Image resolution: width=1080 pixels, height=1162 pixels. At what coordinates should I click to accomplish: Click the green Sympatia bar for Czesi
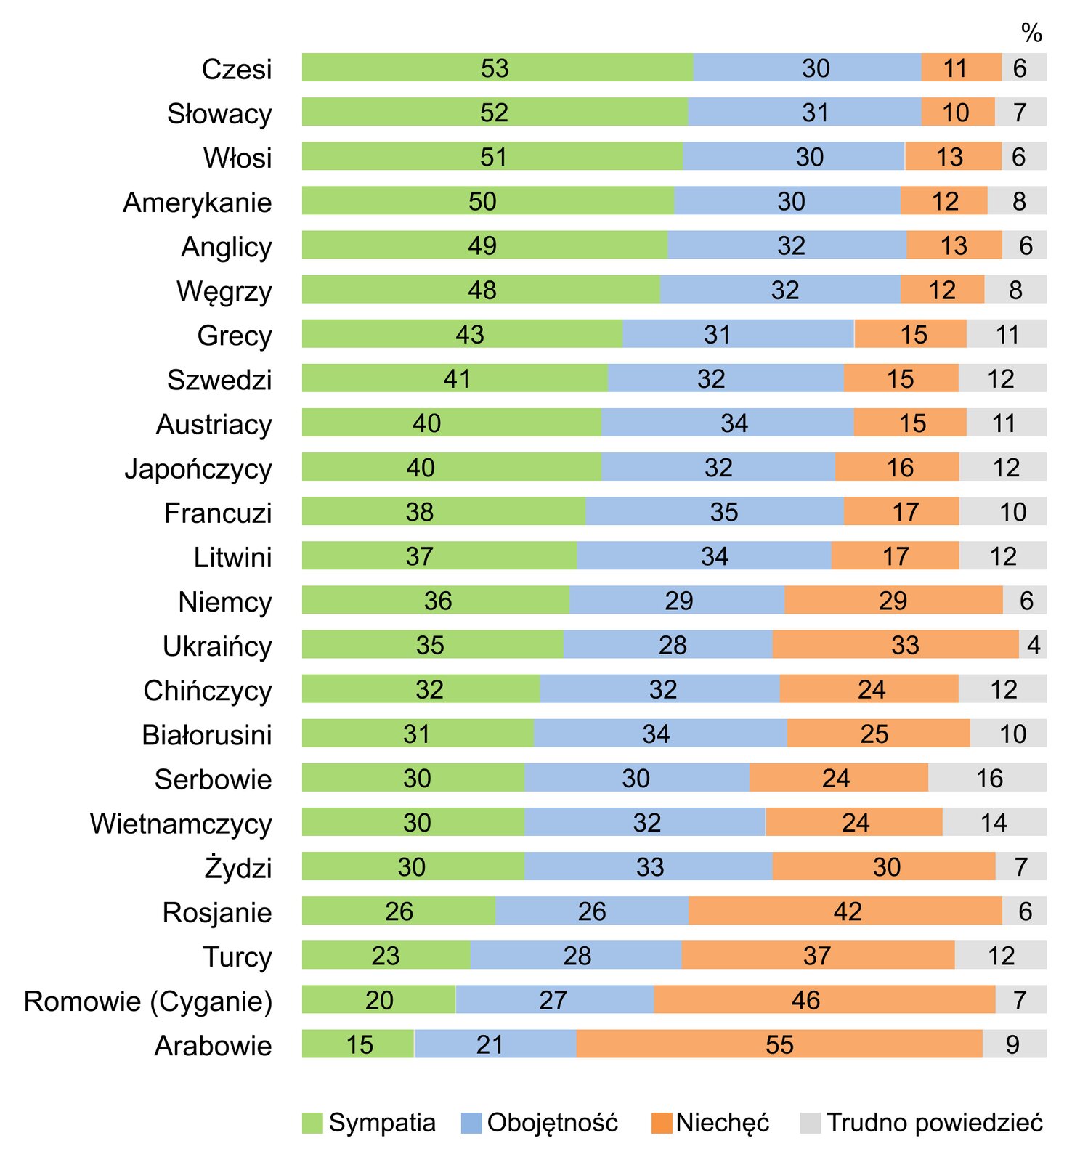point(498,68)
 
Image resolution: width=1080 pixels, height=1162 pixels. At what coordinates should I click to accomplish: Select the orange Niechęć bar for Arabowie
point(779,1044)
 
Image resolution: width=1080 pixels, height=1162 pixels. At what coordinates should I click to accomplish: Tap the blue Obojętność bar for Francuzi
point(714,511)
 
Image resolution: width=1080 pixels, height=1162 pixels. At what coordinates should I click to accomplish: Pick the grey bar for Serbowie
point(987,778)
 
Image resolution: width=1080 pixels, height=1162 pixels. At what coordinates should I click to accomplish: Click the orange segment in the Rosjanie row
point(845,911)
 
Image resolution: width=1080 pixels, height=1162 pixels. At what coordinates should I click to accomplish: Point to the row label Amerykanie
point(198,202)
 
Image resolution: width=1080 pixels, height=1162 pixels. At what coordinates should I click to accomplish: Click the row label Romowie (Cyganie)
point(148,1001)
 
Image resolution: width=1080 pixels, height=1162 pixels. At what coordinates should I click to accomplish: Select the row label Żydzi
point(238,868)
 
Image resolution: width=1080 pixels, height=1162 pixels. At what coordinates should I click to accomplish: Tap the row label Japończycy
point(198,468)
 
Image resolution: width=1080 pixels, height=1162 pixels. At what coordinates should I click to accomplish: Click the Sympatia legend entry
point(369,1123)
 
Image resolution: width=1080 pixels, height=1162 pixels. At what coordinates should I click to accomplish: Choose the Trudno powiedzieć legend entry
point(922,1123)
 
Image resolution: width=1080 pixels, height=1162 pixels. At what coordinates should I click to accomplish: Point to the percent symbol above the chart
point(1031,33)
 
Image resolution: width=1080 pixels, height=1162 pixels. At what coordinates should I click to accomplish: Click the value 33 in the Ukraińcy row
point(905,645)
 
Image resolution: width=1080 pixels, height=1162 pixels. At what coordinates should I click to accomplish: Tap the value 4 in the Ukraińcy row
point(1034,645)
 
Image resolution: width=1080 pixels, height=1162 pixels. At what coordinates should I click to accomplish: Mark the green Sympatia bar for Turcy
point(386,955)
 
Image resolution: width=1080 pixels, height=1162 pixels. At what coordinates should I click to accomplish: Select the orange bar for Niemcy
point(893,600)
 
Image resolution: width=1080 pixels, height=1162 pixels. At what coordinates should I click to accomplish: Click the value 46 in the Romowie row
point(805,1000)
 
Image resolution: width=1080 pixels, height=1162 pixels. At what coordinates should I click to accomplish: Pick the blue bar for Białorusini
point(659,734)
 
